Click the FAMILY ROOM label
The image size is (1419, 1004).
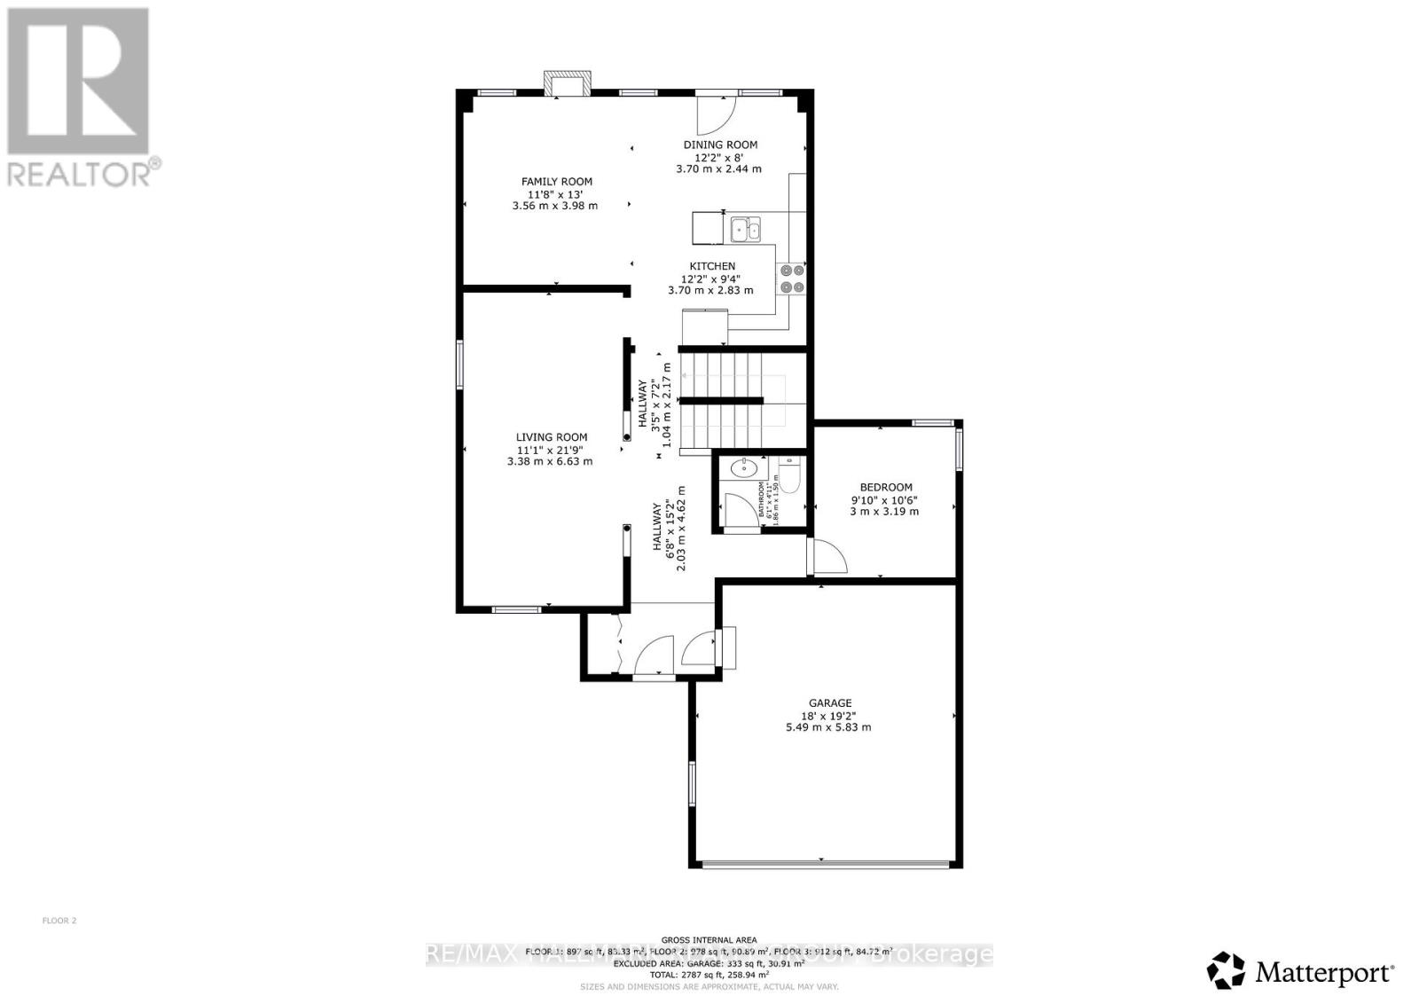(556, 182)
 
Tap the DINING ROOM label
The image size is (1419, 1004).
(719, 145)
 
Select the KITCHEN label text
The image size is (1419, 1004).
(712, 266)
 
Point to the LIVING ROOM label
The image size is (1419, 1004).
(552, 437)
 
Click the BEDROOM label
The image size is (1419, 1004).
(886, 487)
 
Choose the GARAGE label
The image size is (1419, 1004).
(829, 703)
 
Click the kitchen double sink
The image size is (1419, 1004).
(746, 231)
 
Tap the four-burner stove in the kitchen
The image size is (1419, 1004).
(791, 278)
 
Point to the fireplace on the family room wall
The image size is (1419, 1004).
(567, 84)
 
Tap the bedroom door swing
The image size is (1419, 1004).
(828, 556)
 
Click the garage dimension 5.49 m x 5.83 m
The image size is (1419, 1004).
(828, 727)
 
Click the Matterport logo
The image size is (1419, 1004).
(1302, 972)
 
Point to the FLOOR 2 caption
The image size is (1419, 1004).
(59, 921)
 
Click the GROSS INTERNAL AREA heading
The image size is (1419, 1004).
(709, 939)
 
